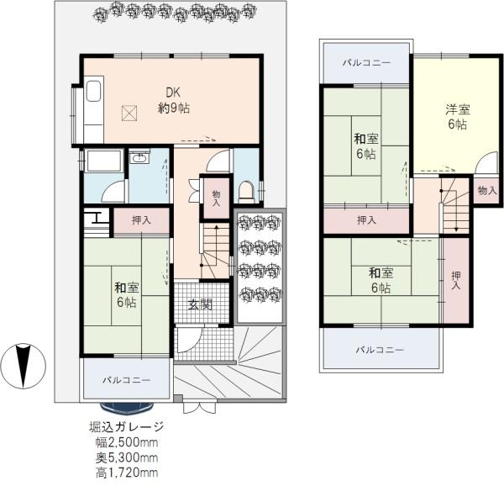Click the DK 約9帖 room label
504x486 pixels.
pyautogui.click(x=174, y=100)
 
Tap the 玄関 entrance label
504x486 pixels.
pyautogui.click(x=200, y=304)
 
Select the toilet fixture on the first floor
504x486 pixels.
pyautogui.click(x=246, y=192)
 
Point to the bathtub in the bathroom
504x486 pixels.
pyautogui.click(x=103, y=160)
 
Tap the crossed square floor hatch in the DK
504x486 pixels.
pyautogui.click(x=129, y=114)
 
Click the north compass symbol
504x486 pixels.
pyautogui.click(x=24, y=366)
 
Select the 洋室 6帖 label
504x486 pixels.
pyautogui.click(x=458, y=116)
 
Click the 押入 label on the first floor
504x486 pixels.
pyautogui.click(x=141, y=220)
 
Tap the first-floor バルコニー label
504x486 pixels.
pyautogui.click(x=127, y=381)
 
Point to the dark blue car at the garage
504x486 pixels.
pyautogui.click(x=127, y=407)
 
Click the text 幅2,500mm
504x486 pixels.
pyautogui.click(x=127, y=442)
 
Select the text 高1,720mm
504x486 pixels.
pyautogui.click(x=127, y=473)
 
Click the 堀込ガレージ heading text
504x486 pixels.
pyautogui.click(x=127, y=427)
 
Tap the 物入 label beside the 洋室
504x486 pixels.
pyautogui.click(x=487, y=191)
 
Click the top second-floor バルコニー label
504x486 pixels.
pyautogui.click(x=366, y=62)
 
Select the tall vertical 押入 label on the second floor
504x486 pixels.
pyautogui.click(x=456, y=280)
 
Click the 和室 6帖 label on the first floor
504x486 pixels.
pyautogui.click(x=127, y=295)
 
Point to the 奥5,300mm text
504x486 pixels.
pyautogui.click(x=127, y=457)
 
